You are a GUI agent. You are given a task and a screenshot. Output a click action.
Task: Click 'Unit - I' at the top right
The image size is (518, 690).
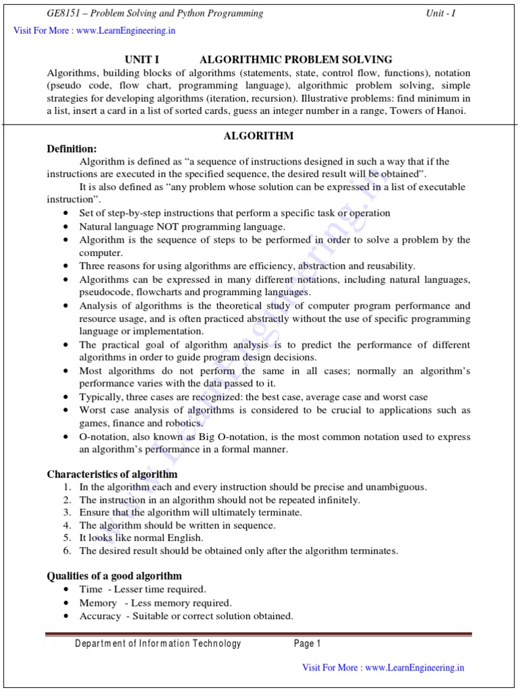click(440, 13)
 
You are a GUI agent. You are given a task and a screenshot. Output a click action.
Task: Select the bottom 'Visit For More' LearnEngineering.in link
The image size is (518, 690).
click(383, 668)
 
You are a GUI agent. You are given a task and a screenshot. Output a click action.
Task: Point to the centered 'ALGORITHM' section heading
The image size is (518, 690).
click(258, 136)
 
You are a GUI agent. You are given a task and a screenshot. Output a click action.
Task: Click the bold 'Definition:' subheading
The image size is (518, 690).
click(71, 149)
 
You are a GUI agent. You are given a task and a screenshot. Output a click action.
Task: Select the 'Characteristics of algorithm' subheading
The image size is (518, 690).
click(112, 474)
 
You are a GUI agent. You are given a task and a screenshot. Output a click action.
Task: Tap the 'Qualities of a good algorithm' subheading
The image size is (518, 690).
click(114, 576)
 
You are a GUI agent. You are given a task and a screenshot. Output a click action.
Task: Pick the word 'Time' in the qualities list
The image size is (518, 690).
click(91, 590)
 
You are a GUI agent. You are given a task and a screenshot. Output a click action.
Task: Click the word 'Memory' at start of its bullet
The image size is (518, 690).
click(98, 603)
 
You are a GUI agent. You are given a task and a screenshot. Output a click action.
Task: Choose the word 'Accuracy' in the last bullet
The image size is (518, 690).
click(100, 616)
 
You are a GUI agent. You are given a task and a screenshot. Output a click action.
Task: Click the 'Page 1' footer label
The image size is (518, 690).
click(307, 644)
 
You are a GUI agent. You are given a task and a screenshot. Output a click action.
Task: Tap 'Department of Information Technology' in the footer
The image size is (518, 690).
click(158, 644)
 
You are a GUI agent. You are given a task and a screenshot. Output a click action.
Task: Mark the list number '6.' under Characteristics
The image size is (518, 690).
click(67, 551)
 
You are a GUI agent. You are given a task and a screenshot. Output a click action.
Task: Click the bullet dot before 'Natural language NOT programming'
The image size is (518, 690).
click(65, 227)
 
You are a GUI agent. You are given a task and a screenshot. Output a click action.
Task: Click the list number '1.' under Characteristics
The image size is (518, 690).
click(67, 487)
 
